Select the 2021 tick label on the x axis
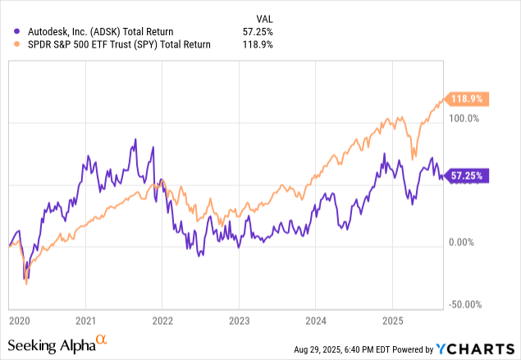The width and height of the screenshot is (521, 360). [x=87, y=319]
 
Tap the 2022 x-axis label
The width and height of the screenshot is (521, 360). [x=162, y=319]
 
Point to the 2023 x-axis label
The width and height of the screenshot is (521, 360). [x=239, y=319]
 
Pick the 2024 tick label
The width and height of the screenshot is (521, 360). [x=315, y=319]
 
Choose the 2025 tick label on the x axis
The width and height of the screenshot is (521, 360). [x=391, y=319]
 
